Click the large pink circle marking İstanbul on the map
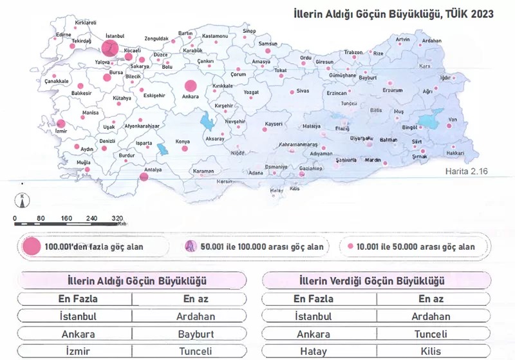click(109, 47)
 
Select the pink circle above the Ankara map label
click(191, 86)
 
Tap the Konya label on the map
click(183, 141)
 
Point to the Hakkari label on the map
click(454, 153)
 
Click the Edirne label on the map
click(64, 34)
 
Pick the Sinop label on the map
click(249, 30)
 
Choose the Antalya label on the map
click(153, 169)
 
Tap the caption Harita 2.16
click(467, 172)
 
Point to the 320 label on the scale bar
click(117, 218)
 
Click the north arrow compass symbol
click(23, 200)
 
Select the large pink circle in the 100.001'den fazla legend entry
click(31, 247)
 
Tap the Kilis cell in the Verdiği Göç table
click(431, 352)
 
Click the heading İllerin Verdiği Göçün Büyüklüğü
click(372, 281)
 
